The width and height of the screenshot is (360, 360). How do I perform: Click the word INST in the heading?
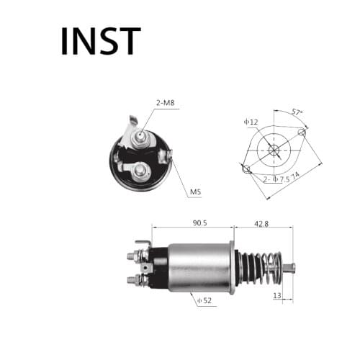tap(100, 41)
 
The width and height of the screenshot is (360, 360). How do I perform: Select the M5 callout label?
tap(195, 192)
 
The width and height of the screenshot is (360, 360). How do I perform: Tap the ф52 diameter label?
tap(205, 301)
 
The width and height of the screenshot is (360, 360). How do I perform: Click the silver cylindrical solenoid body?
tap(198, 266)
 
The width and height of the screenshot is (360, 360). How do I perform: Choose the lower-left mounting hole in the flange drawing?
tap(247, 170)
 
